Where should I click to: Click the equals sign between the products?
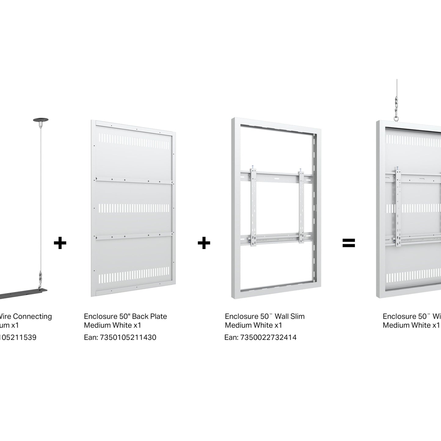pos(349,243)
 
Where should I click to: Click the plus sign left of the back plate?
pos(60,243)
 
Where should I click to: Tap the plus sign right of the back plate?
pos(204,243)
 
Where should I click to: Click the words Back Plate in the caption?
pos(150,316)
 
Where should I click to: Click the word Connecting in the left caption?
pos(33,316)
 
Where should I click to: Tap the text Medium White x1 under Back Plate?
pos(113,325)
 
